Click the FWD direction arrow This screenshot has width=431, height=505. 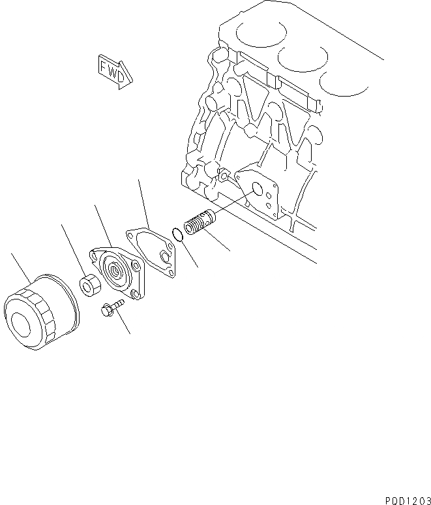click(x=114, y=70)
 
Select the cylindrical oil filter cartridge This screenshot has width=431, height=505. click(x=40, y=309)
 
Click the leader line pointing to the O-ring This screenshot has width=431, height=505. click(x=188, y=254)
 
